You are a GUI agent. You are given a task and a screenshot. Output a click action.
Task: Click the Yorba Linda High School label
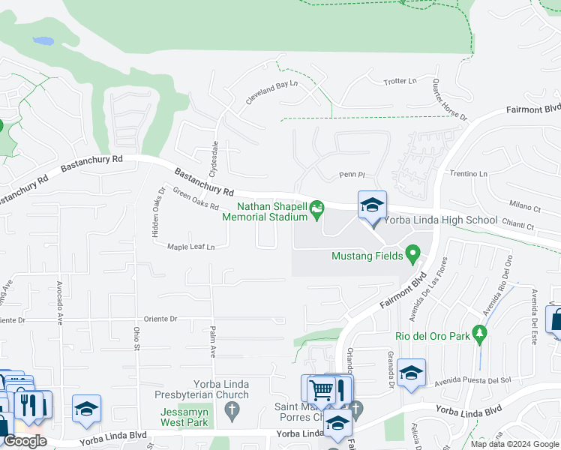coord(440,220)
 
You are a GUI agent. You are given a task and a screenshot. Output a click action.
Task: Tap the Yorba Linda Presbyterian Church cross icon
coord(232,410)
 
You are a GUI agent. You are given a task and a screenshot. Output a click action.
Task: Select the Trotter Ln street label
coord(400,80)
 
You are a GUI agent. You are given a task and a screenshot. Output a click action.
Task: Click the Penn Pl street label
coord(351,175)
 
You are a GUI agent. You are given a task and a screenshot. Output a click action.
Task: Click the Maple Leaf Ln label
coord(190,246)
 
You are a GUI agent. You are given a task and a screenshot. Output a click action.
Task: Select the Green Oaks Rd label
coord(196,199)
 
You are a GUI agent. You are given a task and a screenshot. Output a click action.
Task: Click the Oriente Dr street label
coord(155,318)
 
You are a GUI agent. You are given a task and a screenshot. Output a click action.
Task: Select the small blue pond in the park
coord(44,40)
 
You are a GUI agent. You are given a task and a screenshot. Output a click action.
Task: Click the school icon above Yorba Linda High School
coord(372,205)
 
